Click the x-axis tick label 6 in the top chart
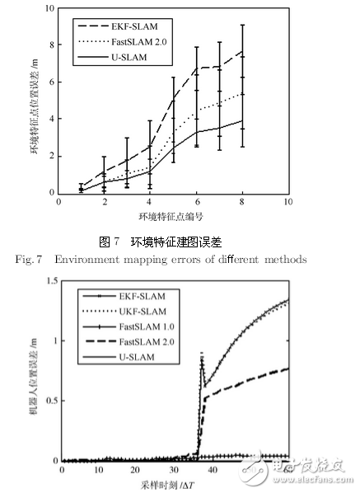[196, 201]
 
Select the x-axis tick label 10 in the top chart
[288, 201]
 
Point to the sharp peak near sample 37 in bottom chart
[202, 354]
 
